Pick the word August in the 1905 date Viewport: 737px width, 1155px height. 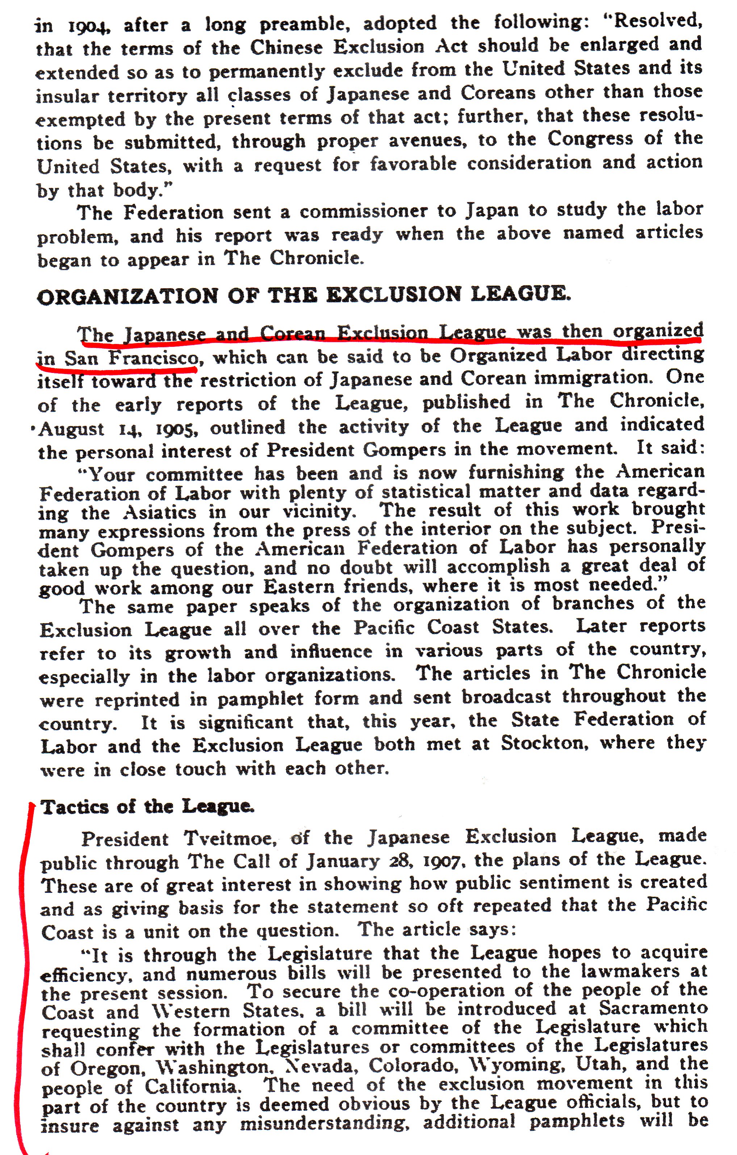tap(71, 429)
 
